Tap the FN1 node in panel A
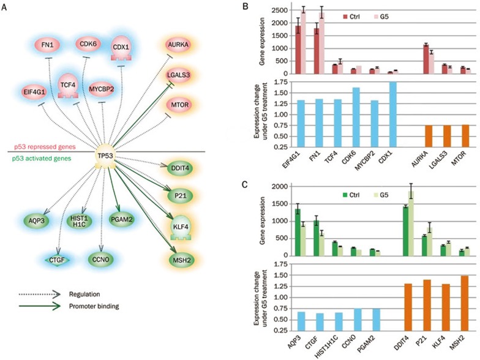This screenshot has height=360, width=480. click(47, 44)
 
